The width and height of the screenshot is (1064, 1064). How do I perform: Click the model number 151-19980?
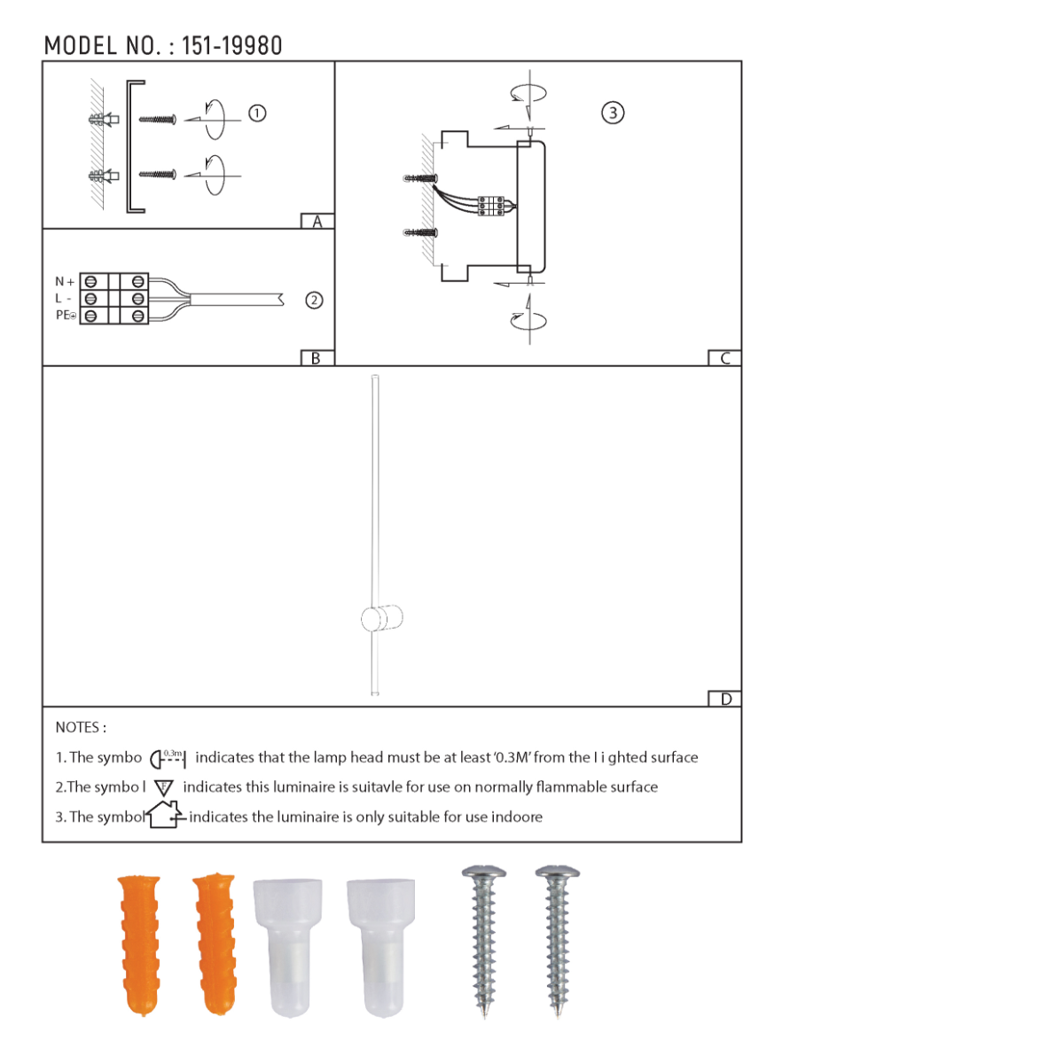point(232,46)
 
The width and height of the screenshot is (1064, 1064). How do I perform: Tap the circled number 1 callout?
point(257,113)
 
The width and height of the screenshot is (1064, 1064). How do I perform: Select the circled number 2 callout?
point(314,301)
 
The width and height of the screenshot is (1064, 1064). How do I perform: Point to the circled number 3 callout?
point(613,113)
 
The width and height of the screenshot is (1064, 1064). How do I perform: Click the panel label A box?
point(317,222)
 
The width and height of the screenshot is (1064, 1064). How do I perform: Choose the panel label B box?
point(316,358)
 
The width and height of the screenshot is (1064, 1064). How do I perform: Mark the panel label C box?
point(724,358)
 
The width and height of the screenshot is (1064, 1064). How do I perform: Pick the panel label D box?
point(725,699)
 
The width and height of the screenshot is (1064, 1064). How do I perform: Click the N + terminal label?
point(65,282)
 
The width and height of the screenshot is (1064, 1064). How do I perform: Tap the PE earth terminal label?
point(66,316)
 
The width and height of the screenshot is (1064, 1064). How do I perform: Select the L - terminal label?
point(63,299)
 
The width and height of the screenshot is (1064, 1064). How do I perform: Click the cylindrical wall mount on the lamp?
point(382,618)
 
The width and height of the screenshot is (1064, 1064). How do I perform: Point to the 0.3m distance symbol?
point(168,758)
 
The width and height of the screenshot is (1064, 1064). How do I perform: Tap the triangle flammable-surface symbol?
point(164,787)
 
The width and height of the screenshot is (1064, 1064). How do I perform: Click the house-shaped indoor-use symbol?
point(165,815)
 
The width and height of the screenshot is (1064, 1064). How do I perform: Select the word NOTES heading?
point(81,728)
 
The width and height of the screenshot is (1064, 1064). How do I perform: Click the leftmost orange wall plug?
point(140,943)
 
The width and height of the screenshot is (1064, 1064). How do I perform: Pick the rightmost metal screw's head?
point(558,875)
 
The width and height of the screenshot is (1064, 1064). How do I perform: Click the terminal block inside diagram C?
point(491,206)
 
